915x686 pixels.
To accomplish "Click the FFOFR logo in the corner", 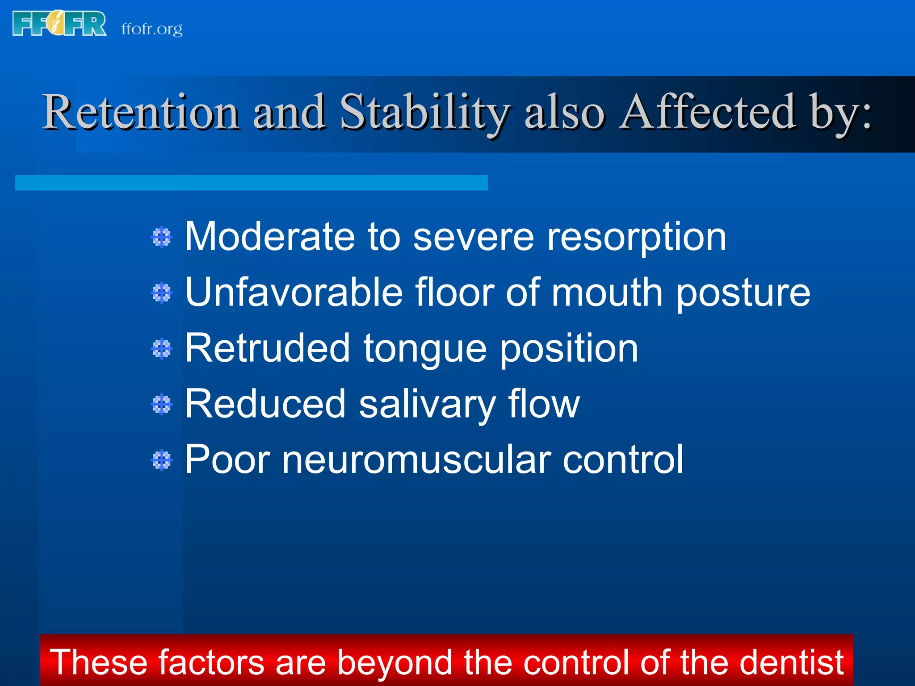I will [x=59, y=24].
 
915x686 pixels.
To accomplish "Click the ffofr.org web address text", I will [x=152, y=29].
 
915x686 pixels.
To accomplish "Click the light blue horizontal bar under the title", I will [x=251, y=183].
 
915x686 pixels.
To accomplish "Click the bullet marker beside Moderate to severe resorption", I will [x=162, y=237].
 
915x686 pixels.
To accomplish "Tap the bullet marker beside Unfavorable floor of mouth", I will [x=162, y=293].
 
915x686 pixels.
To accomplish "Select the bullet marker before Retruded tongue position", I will [x=162, y=349].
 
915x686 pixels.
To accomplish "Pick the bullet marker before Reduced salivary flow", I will [x=162, y=405].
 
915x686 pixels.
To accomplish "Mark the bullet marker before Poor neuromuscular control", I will [x=162, y=460].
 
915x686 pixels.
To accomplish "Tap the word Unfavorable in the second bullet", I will [x=294, y=293].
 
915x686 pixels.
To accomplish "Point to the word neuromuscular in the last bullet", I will [x=416, y=460].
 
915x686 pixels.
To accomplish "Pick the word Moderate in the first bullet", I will [x=270, y=237].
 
